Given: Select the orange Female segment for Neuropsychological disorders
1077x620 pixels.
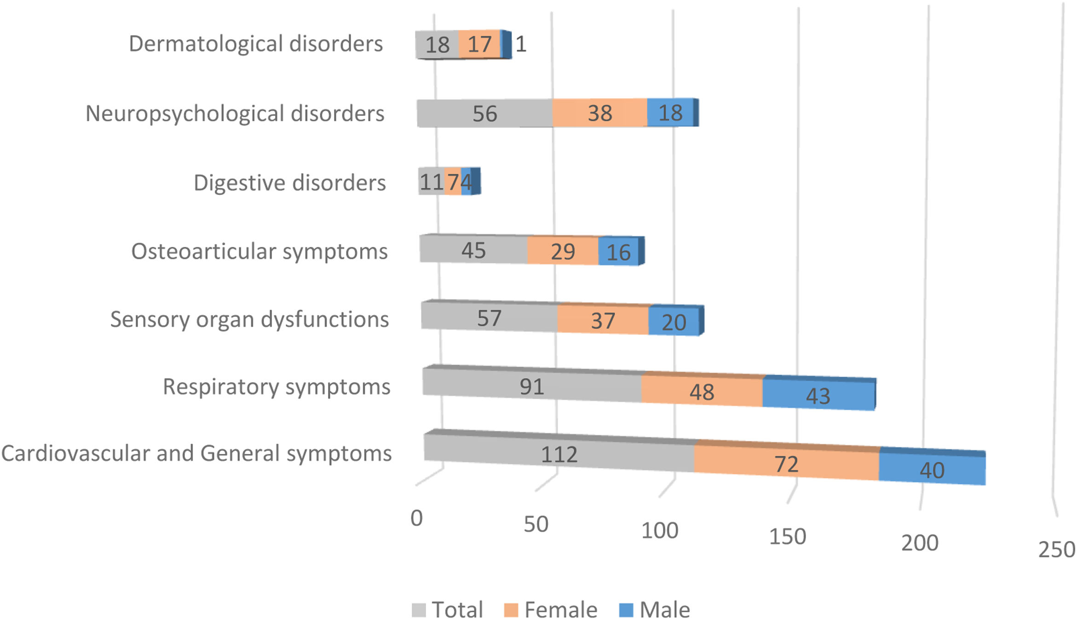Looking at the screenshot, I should tap(599, 113).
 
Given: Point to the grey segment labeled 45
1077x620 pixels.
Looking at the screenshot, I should tap(473, 250).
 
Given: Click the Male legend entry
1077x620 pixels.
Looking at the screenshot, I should tap(655, 610).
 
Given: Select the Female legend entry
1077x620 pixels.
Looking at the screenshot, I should tap(551, 610).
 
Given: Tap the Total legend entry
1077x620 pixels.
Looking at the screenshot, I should tap(448, 610).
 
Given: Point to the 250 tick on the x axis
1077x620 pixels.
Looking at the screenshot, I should tap(1056, 550).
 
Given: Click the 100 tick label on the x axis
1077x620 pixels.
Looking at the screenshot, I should tap(660, 531).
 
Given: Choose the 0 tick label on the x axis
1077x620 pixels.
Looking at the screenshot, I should tap(417, 518).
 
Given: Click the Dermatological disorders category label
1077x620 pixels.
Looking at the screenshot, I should tap(256, 44).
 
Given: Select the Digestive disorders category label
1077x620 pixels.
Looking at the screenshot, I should tap(289, 183).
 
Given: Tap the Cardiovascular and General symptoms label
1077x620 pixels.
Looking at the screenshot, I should tap(196, 454).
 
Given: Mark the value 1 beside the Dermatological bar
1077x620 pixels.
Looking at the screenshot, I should tap(521, 45).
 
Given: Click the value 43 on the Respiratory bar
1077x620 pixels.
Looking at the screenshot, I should tap(818, 396).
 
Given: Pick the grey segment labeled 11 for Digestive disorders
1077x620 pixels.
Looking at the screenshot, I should tap(431, 182).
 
